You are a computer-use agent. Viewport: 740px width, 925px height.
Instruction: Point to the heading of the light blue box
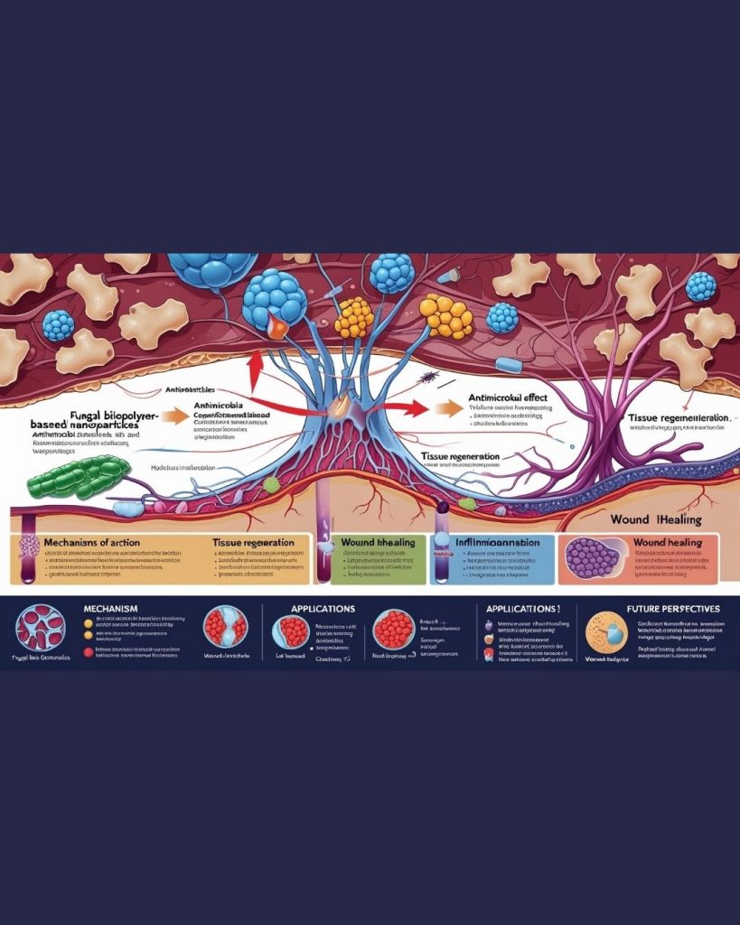pyautogui.click(x=497, y=543)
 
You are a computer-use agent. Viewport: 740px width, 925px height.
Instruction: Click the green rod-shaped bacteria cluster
pyautogui.click(x=79, y=476)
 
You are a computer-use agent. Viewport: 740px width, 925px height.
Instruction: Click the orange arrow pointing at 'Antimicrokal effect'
pyautogui.click(x=446, y=407)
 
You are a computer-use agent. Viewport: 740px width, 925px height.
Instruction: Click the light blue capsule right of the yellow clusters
pyautogui.click(x=510, y=364)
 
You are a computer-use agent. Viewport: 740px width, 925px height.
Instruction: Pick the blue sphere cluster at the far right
pyautogui.click(x=700, y=285)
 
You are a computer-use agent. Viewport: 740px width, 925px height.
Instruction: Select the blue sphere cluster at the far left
pyautogui.click(x=59, y=325)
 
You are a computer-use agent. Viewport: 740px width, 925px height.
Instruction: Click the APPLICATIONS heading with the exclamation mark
pyautogui.click(x=523, y=609)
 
